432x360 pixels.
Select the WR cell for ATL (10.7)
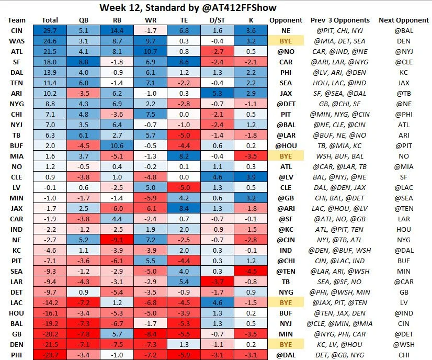coord(151,51)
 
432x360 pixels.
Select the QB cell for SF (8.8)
coord(85,62)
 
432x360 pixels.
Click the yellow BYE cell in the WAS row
coord(286,41)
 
